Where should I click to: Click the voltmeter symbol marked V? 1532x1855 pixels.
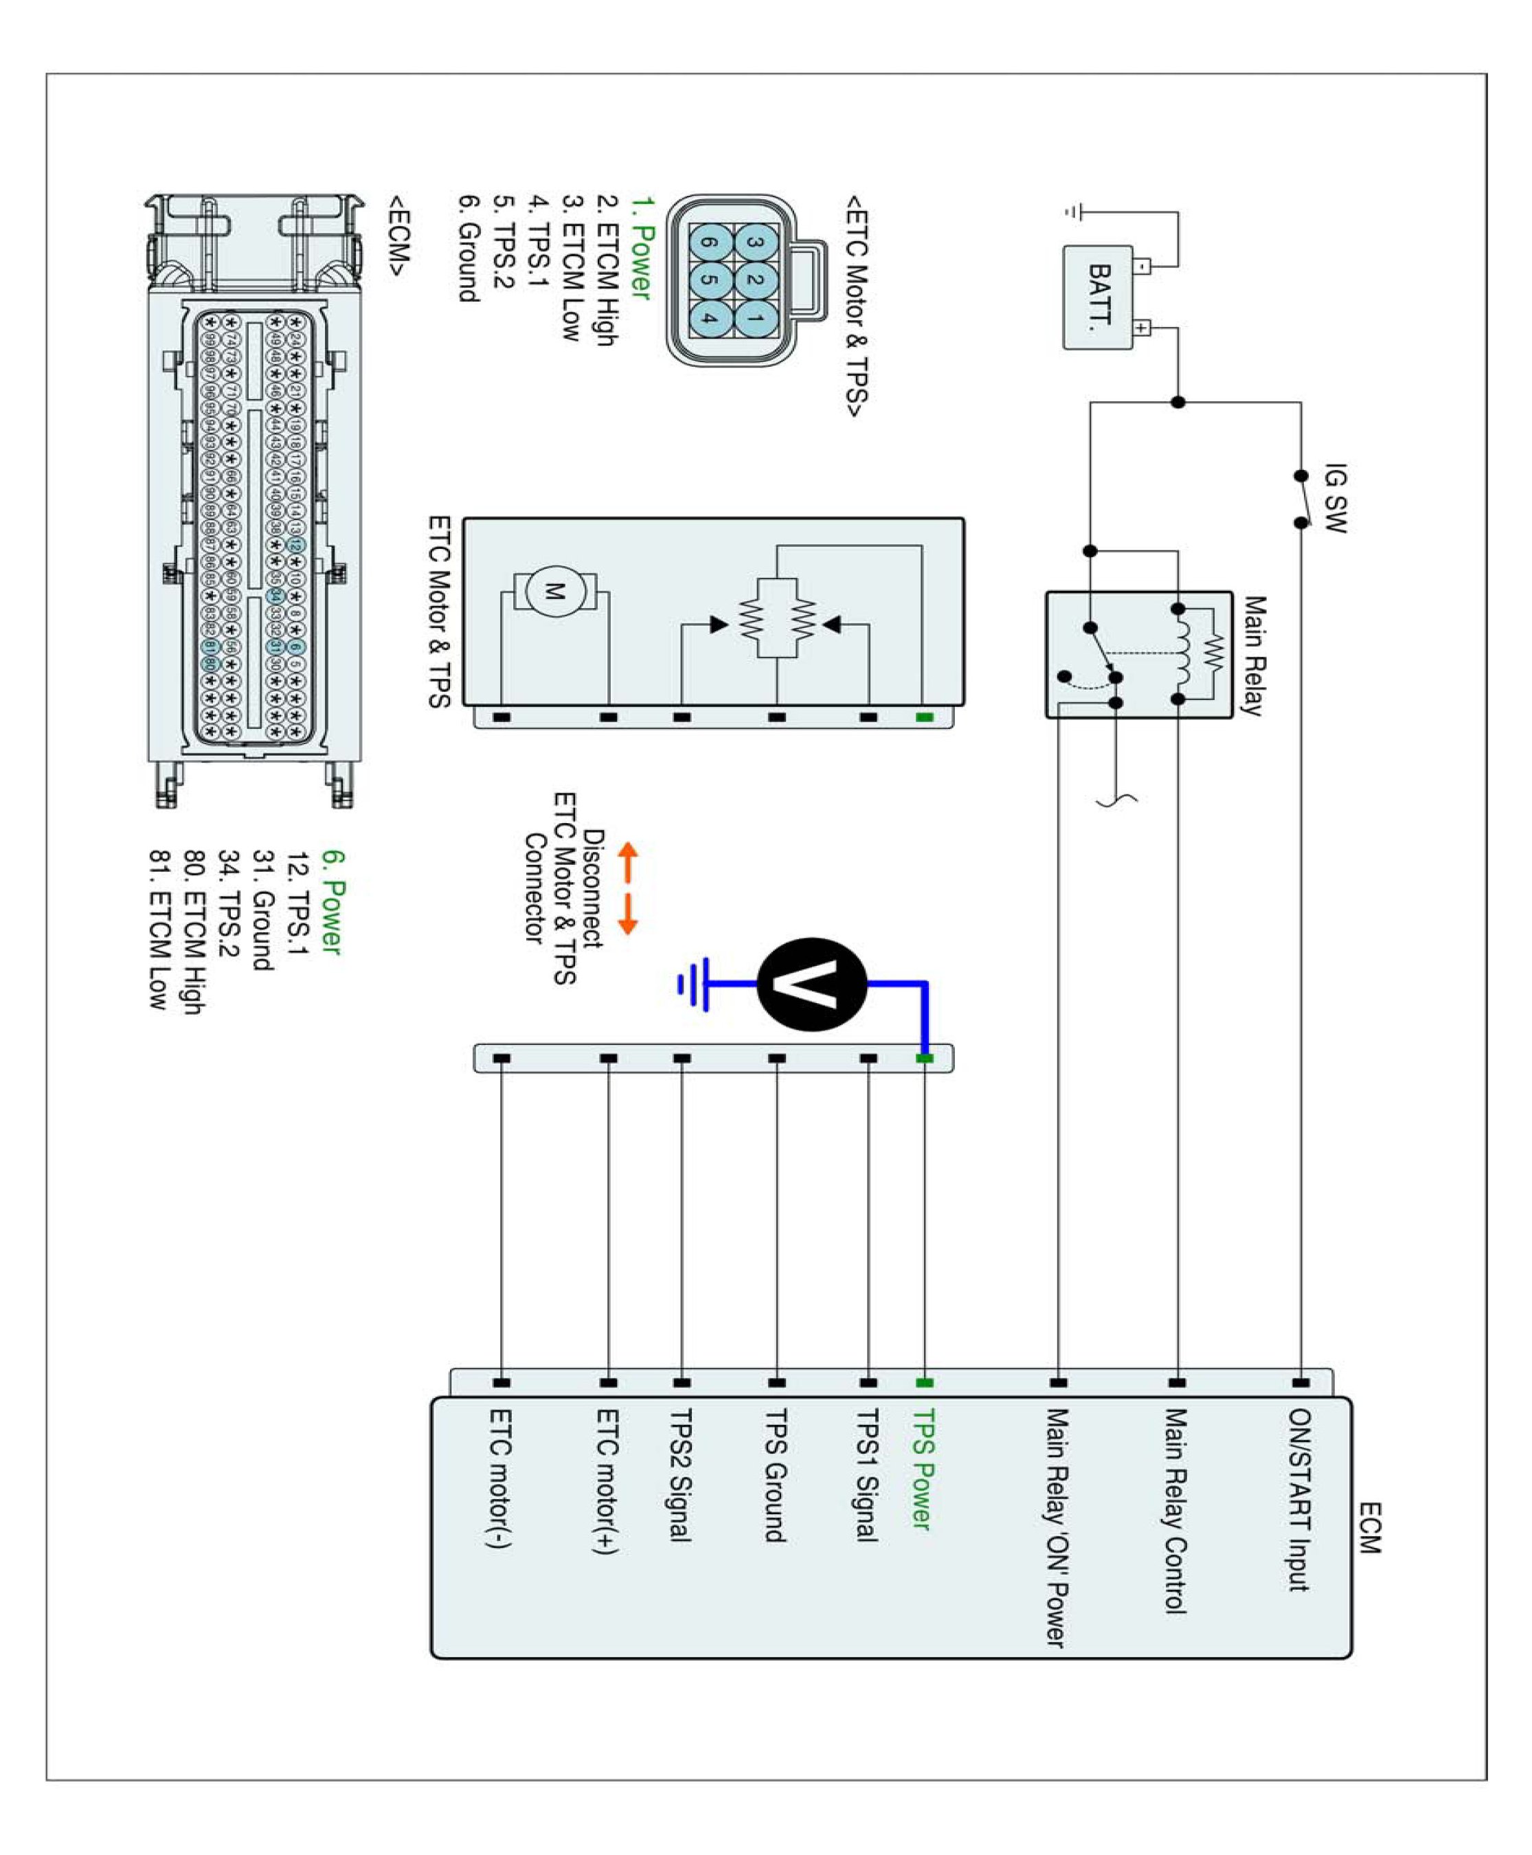[811, 984]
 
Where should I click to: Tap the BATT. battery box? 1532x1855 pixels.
[1098, 297]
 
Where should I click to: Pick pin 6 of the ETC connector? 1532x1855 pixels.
[710, 243]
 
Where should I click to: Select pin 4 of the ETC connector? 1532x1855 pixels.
[710, 317]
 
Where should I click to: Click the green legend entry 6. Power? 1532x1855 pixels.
[332, 901]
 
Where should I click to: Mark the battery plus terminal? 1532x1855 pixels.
[1142, 328]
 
